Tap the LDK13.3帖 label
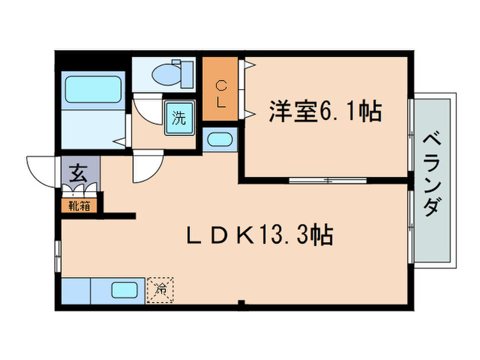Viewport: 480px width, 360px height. point(261,237)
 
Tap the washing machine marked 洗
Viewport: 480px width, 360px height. point(178,117)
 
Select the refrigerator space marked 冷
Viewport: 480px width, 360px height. point(160,289)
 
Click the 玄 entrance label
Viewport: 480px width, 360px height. point(77,173)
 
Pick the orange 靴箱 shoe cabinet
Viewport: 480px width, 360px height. point(80,204)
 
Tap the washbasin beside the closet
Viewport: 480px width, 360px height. point(219,140)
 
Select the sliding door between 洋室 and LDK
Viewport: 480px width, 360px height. point(326,180)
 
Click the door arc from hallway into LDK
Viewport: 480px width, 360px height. point(147,169)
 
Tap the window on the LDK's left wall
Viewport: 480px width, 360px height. point(58,253)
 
